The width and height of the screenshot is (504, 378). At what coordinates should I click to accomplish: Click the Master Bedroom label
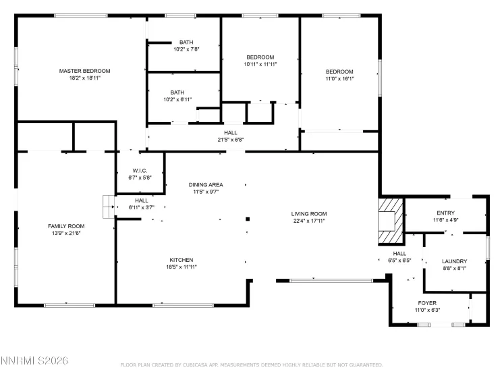point(84,71)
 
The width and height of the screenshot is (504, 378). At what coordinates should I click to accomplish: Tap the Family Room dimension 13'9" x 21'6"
point(65,233)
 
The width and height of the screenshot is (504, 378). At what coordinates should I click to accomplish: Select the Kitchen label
point(181,260)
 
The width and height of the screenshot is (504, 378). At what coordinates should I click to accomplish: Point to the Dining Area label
point(206,184)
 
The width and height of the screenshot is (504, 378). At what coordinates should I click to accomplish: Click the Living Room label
point(310,213)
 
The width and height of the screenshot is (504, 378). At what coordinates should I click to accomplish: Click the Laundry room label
point(454,261)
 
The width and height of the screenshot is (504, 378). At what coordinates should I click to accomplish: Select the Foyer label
point(427,303)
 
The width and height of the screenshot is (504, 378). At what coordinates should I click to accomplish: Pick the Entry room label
point(446,213)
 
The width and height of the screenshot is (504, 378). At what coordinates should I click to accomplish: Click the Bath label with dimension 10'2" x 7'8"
point(186,42)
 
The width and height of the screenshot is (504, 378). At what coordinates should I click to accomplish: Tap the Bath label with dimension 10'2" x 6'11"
point(177,92)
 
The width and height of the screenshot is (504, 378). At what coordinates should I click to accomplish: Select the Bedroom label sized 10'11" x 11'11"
point(260,57)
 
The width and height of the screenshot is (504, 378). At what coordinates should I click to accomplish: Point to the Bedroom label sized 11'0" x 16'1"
point(339,72)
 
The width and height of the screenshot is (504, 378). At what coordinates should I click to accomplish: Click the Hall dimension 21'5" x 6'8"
point(230,140)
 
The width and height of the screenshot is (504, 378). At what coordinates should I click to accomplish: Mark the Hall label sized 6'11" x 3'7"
point(142,200)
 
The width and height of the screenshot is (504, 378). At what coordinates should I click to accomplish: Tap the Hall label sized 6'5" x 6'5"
point(399,253)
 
